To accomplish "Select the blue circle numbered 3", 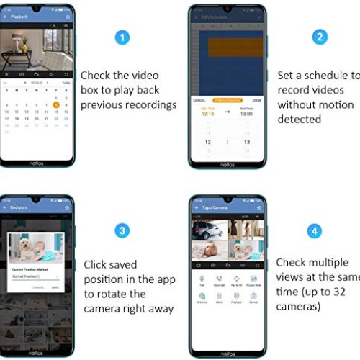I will tap(124, 230).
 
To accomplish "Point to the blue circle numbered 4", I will tap(315, 231).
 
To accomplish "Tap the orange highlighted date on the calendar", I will tap(56, 103).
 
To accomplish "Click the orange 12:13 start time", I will tap(207, 113).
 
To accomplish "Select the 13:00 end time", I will tap(246, 113).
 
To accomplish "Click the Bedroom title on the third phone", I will tap(20, 207).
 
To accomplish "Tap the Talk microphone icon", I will tap(202, 278).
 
